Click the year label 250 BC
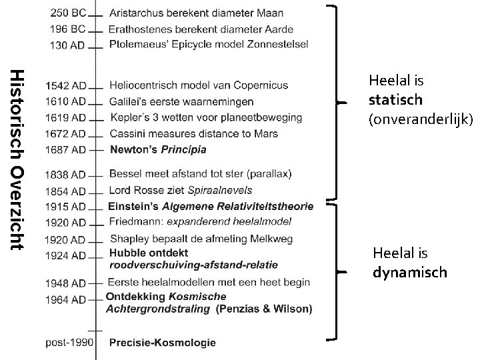(x=67, y=13)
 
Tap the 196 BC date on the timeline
(x=67, y=29)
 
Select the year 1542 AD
(x=66, y=86)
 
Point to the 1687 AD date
(x=66, y=149)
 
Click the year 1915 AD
(x=66, y=207)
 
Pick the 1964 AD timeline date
(x=66, y=300)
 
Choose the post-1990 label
(x=70, y=343)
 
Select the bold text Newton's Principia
(x=157, y=149)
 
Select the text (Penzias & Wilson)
(x=264, y=309)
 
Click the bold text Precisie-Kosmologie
(x=162, y=343)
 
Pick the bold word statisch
(x=395, y=100)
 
